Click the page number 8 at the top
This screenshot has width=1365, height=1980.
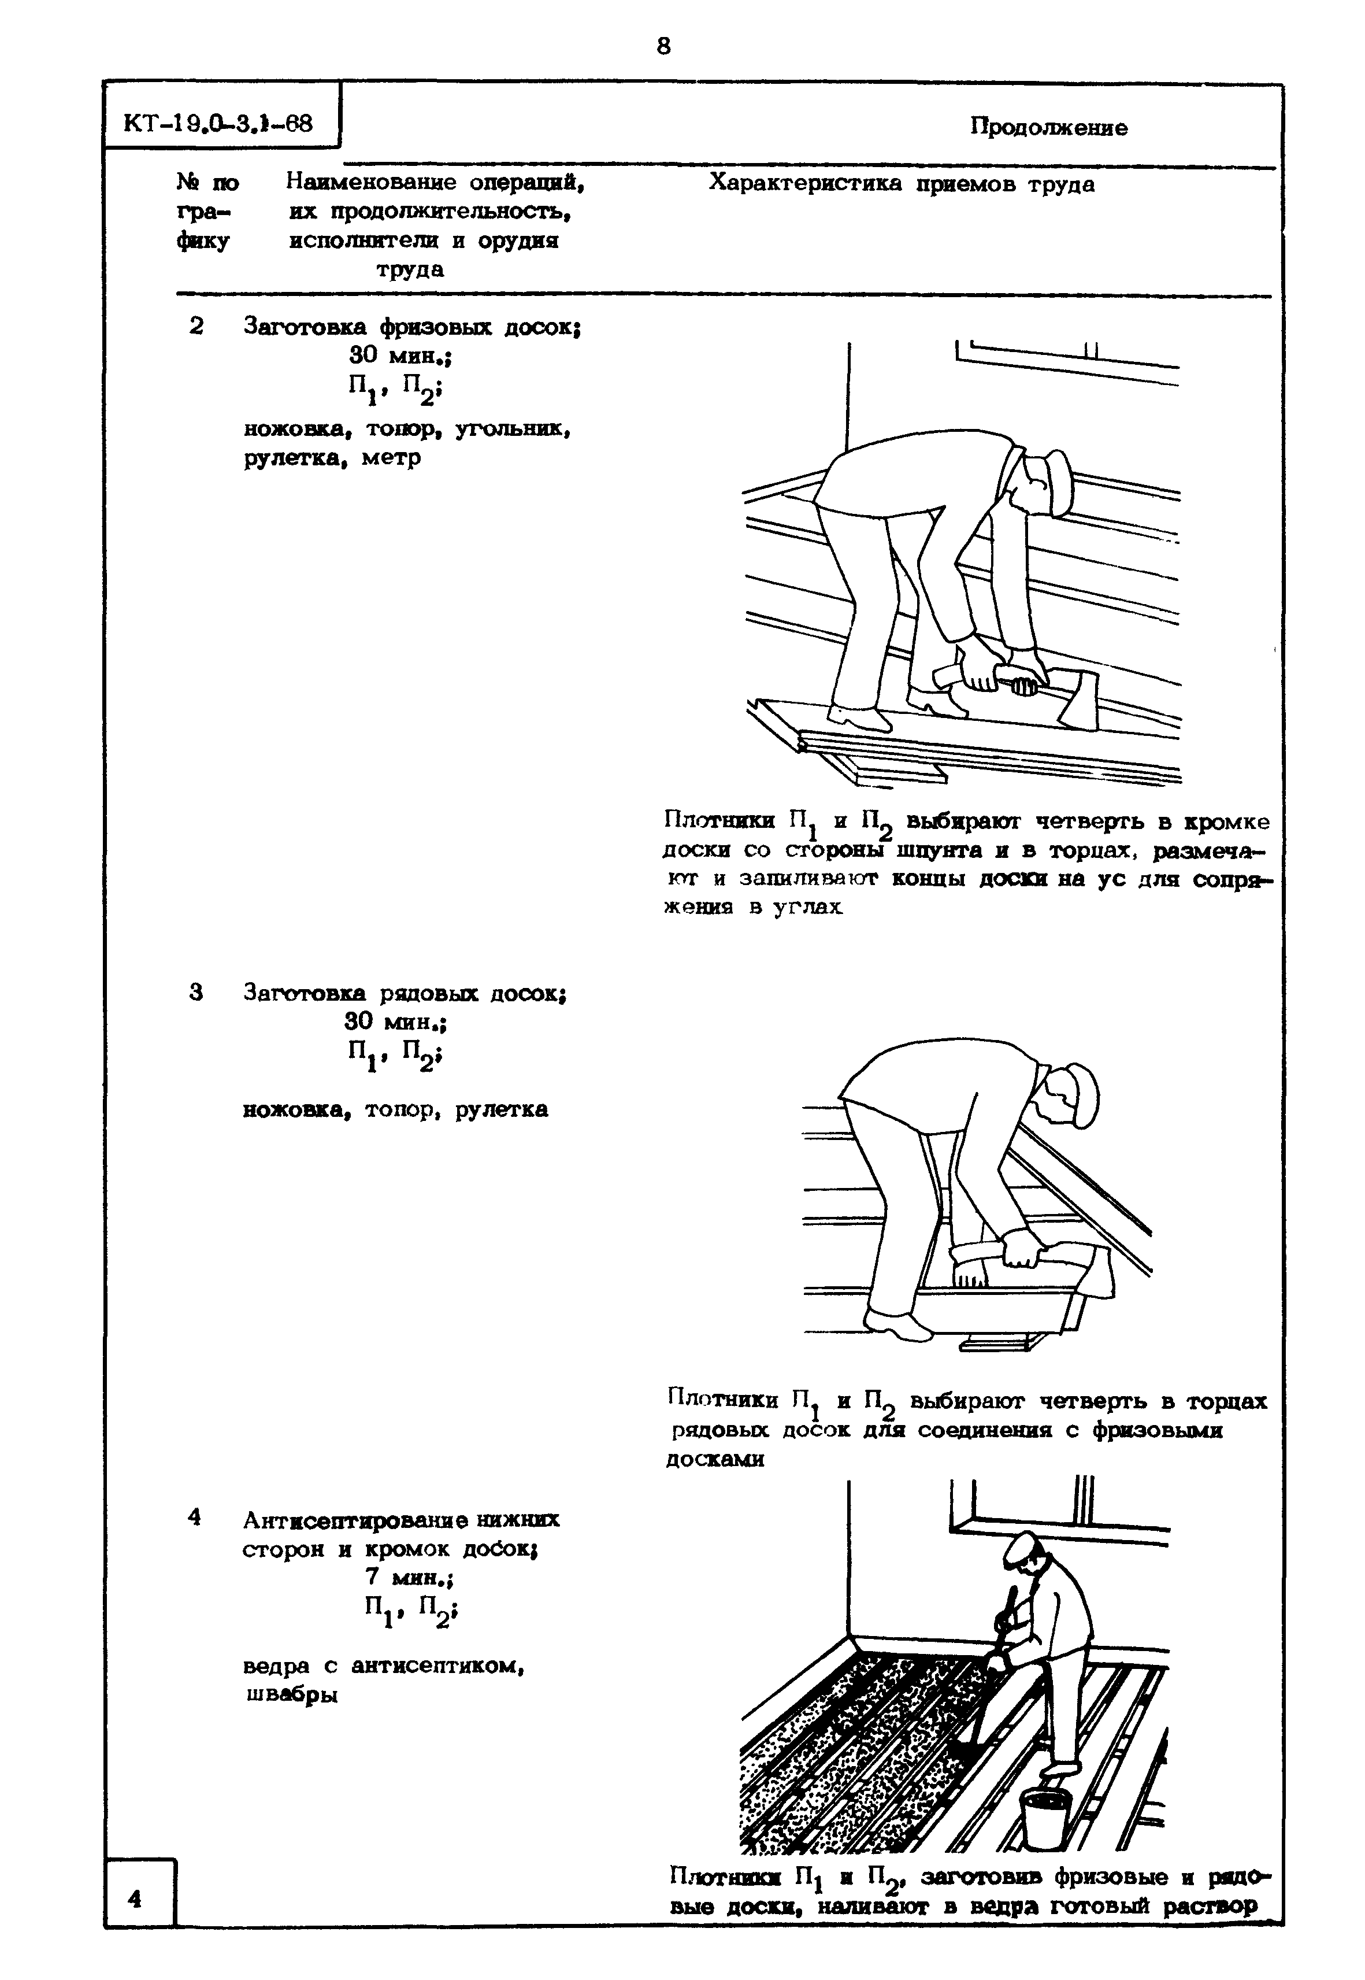pos(663,46)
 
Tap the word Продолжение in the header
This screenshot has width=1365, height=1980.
pos(1048,128)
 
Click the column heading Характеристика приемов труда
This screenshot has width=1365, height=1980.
pos(902,184)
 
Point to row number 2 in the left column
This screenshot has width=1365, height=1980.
pos(196,326)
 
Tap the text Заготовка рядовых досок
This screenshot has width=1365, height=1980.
pos(405,993)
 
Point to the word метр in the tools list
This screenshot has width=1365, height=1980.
pos(391,458)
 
